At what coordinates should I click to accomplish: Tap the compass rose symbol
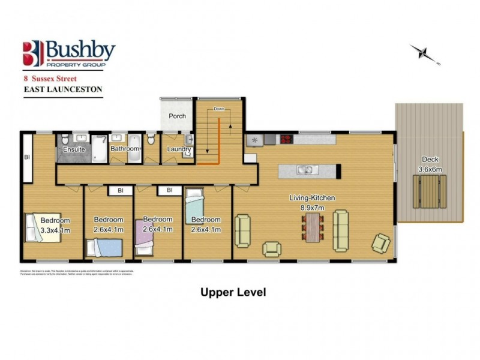tap(426, 54)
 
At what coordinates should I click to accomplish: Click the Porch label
tap(177, 116)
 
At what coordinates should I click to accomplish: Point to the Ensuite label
tap(74, 149)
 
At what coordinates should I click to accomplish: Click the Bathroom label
tap(125, 148)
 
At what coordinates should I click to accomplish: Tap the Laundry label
tap(179, 149)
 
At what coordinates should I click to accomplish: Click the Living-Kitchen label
tap(312, 197)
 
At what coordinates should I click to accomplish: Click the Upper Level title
tap(233, 292)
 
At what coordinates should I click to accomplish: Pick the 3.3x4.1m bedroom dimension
tap(55, 229)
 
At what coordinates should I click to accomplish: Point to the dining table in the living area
tap(313, 227)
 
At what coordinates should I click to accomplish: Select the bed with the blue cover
tap(105, 246)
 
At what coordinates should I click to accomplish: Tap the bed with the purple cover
tap(146, 241)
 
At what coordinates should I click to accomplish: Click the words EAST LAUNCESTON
tap(63, 89)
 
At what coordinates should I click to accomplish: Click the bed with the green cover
tap(195, 208)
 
